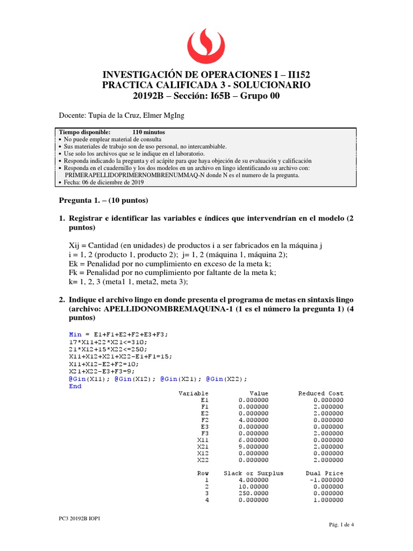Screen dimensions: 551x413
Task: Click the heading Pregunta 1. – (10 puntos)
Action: [103, 200]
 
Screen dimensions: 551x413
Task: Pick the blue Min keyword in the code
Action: [75, 334]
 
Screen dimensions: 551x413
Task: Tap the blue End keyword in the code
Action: [75, 386]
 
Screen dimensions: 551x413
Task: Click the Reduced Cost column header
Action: [321, 393]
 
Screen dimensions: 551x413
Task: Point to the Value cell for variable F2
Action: [253, 419]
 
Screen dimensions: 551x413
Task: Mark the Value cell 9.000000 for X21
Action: [253, 447]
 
